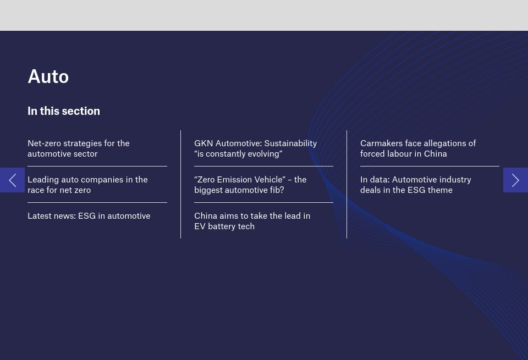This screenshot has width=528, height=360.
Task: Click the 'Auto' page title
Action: coord(48,76)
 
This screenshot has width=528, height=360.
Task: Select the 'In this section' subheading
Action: coord(64,111)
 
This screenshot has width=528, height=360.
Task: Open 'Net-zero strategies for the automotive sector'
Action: coord(79,148)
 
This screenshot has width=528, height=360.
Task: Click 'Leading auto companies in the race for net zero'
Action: coord(87,185)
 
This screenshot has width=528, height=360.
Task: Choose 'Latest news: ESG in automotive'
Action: coord(89,215)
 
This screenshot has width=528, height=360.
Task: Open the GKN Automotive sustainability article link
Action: coord(256,148)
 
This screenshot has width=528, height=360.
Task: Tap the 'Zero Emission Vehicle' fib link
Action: coord(250,185)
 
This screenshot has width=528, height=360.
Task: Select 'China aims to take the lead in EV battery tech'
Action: coord(252,221)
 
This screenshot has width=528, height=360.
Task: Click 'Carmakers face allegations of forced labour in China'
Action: coord(418,148)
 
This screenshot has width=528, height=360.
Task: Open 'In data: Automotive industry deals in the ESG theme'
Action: coord(416,185)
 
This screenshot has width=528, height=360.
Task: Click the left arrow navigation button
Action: coord(13,180)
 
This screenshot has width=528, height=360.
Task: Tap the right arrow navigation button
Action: coord(515,180)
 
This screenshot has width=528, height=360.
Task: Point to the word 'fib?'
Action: coord(277,190)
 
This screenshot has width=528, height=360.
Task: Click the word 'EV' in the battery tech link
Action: coord(200,226)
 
